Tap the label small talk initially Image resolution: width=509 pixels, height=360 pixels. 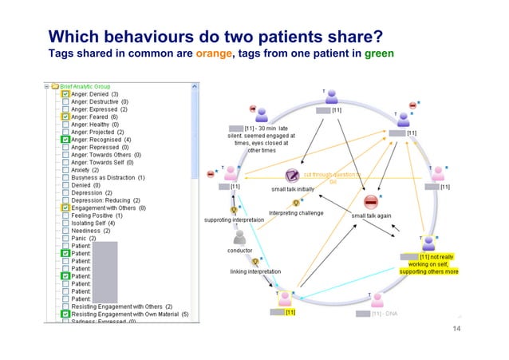(293, 189)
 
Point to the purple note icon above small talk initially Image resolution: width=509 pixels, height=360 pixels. (291, 175)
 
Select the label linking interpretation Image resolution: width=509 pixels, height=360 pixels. (251, 271)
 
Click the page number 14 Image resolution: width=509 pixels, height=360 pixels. (457, 329)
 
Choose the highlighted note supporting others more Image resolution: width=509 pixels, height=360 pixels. (429, 271)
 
